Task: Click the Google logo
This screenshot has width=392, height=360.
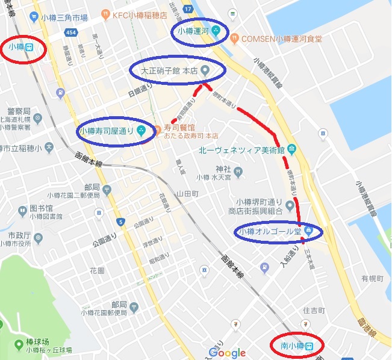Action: point(227,353)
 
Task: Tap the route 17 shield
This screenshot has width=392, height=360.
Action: point(190,10)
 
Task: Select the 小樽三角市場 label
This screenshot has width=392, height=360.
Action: point(64,17)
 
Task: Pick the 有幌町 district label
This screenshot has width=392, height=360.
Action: point(372,278)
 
